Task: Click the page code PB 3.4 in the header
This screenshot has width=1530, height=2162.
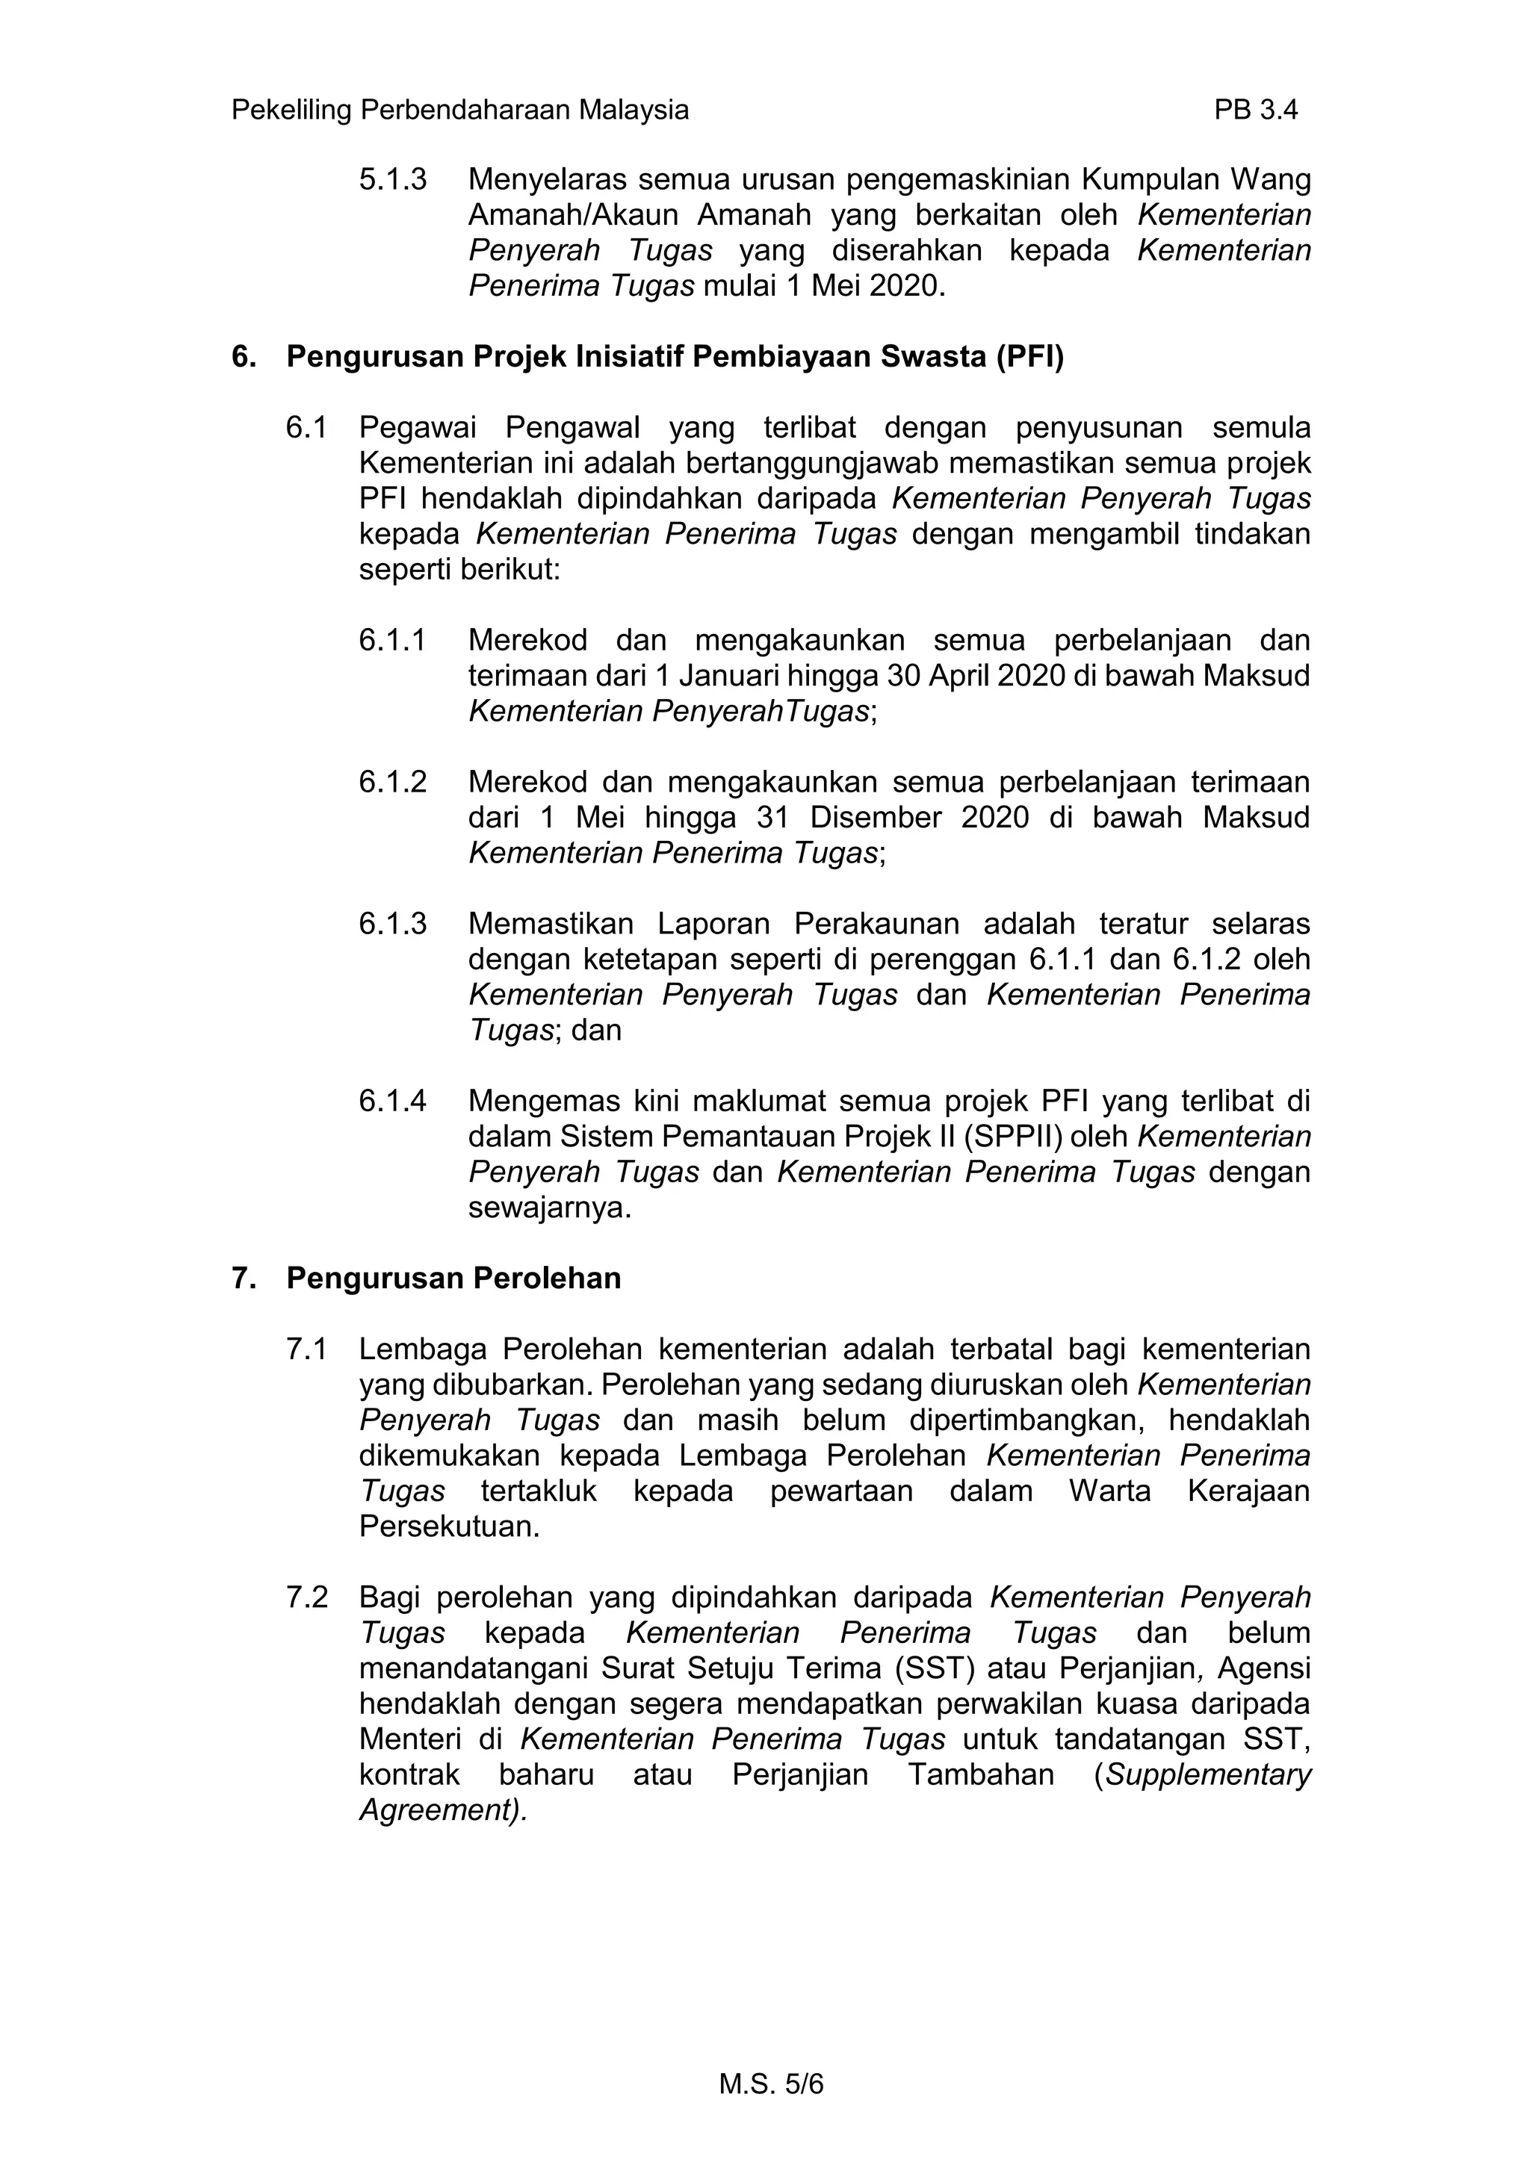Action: (x=1255, y=111)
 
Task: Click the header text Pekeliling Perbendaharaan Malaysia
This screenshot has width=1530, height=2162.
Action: (x=459, y=111)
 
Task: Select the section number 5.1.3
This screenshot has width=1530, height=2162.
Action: (x=392, y=179)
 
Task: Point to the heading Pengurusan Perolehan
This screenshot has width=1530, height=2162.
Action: (x=453, y=1278)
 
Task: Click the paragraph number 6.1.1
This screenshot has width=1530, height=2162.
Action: (x=392, y=640)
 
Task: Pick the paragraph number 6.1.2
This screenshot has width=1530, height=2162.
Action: (x=392, y=782)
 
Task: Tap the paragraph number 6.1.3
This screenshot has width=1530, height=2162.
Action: (x=392, y=923)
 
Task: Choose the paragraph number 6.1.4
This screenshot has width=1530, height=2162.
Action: (x=392, y=1100)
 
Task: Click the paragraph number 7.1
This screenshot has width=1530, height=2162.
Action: (x=306, y=1349)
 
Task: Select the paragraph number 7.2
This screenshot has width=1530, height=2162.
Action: (x=306, y=1597)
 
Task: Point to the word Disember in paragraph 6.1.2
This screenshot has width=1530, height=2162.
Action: (x=872, y=816)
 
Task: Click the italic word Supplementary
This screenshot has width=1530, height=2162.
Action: (x=1208, y=1774)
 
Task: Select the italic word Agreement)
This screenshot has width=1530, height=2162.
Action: (x=443, y=1810)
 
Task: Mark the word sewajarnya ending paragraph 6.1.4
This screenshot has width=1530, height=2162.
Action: (x=549, y=1206)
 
